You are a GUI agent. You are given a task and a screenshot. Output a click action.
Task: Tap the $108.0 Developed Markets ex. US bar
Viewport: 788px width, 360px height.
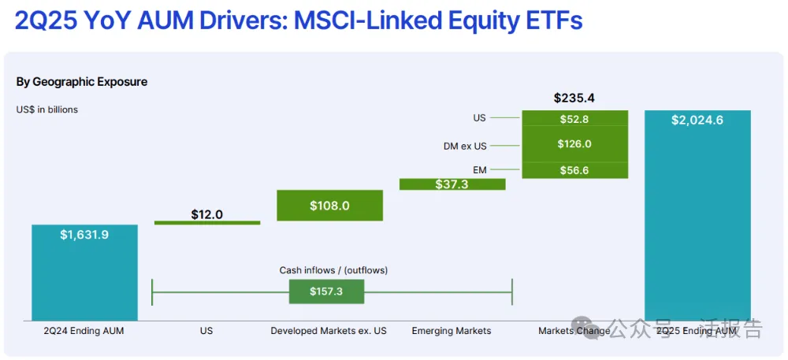[x=329, y=206]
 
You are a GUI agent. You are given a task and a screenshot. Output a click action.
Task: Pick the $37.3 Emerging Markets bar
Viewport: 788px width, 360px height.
[x=452, y=184]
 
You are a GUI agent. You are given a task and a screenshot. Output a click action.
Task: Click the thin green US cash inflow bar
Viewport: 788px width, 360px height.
[x=206, y=223]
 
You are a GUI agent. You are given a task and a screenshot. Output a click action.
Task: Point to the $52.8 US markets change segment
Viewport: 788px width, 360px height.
[x=574, y=118]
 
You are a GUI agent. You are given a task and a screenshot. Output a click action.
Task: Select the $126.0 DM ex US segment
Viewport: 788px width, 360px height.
[x=574, y=144]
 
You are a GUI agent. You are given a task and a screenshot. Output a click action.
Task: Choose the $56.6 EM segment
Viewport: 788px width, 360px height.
[x=574, y=170]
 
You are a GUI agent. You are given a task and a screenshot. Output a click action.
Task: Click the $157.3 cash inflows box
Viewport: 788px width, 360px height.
[x=326, y=291]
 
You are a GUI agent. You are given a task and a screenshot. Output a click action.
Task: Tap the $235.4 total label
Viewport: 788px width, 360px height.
[x=574, y=98]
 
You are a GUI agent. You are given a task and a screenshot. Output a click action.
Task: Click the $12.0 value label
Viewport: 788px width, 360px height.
[x=207, y=214]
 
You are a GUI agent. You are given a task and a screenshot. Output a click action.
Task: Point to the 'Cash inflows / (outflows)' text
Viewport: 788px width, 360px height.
[x=333, y=270]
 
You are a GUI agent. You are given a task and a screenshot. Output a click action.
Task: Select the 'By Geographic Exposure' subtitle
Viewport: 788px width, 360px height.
[x=82, y=82]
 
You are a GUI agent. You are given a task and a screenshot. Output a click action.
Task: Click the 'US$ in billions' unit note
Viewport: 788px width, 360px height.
[x=47, y=109]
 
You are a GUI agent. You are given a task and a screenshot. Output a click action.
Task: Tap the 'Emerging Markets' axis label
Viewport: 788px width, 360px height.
[x=451, y=331]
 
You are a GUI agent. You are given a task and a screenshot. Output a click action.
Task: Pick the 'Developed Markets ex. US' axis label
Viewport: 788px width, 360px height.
[x=329, y=331]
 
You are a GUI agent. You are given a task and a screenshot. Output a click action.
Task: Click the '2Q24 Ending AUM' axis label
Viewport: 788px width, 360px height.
[x=84, y=331]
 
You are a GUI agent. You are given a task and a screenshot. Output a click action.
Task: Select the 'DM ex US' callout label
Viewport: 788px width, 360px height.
[x=465, y=146]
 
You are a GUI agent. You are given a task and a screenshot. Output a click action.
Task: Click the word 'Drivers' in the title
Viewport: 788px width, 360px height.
[x=241, y=20]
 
